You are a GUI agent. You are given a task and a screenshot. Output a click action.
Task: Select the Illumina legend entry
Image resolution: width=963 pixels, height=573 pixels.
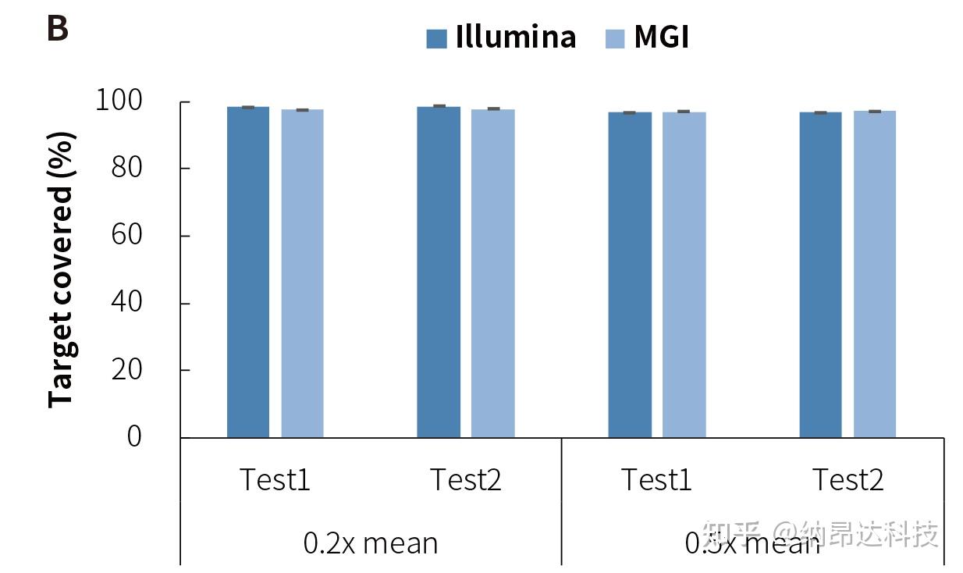501,37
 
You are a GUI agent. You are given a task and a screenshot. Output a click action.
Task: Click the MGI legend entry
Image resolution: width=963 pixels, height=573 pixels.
648,37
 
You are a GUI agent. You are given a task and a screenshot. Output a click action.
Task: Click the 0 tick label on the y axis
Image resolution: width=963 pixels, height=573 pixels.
134,436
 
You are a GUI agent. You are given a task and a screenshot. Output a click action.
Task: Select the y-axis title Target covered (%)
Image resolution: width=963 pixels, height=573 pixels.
62,269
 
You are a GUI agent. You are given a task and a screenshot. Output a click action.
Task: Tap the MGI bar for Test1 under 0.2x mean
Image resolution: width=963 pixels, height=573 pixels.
302,273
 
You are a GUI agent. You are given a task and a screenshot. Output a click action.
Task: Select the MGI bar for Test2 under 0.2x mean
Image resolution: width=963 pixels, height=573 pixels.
492,273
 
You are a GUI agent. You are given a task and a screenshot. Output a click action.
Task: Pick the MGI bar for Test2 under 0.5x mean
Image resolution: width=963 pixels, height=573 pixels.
874,274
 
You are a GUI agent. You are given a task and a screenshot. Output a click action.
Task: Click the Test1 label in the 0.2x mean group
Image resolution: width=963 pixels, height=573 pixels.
274,479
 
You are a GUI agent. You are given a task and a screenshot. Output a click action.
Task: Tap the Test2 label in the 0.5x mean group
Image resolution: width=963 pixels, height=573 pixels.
848,479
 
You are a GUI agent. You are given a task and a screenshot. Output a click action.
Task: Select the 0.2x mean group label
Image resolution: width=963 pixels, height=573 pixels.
371,542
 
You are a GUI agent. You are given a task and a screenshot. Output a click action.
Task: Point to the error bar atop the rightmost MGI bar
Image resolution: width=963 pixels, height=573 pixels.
874,112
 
